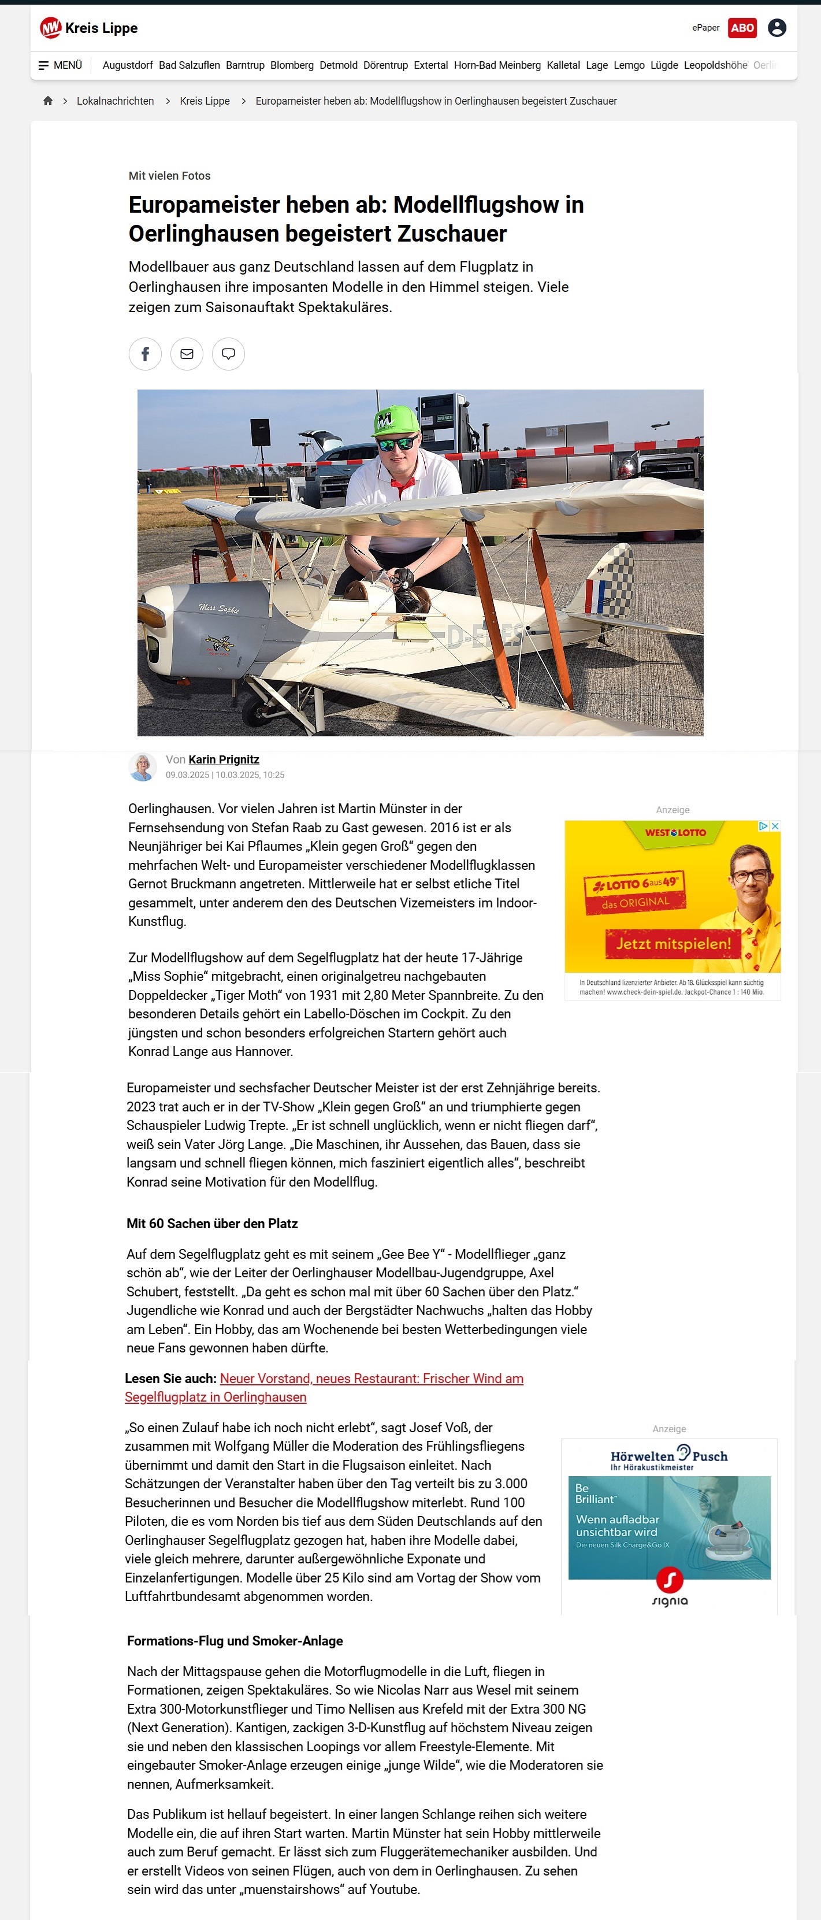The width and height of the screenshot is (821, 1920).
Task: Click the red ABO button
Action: click(742, 28)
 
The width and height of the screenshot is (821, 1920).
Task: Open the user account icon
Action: click(777, 28)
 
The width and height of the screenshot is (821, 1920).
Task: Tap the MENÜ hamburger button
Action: click(60, 65)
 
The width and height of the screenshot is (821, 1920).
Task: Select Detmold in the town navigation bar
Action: click(338, 65)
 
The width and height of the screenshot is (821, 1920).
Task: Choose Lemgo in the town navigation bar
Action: click(629, 65)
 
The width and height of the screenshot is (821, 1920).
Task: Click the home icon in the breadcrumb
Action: click(48, 101)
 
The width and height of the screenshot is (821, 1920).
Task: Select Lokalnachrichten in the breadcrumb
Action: click(115, 101)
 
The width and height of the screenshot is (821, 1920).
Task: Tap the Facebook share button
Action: click(145, 354)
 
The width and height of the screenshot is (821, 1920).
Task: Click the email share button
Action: click(187, 354)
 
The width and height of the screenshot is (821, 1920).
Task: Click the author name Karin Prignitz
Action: click(224, 759)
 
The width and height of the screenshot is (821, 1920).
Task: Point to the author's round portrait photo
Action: click(142, 766)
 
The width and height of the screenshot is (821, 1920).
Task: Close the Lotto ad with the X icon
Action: click(775, 826)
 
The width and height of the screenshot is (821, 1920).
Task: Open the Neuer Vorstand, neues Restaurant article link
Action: click(371, 1379)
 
